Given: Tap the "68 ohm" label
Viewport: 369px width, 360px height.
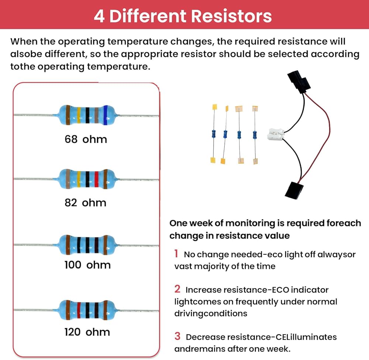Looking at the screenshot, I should [x=86, y=139].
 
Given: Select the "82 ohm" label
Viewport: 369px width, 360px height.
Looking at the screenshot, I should [x=85, y=202].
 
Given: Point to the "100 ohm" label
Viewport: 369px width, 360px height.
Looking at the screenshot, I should [x=87, y=265].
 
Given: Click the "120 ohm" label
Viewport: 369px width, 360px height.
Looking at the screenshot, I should [x=87, y=332].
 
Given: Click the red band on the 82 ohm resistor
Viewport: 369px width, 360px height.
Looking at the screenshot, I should [x=96, y=179].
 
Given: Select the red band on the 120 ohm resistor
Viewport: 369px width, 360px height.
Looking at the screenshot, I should [x=79, y=309].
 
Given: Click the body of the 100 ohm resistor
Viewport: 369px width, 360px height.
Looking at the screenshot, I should [x=87, y=244].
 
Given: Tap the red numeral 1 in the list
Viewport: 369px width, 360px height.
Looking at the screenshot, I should [x=177, y=254].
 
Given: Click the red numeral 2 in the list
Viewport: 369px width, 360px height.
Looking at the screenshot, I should [x=177, y=289].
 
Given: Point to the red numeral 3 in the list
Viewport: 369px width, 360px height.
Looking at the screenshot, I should [x=177, y=336].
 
